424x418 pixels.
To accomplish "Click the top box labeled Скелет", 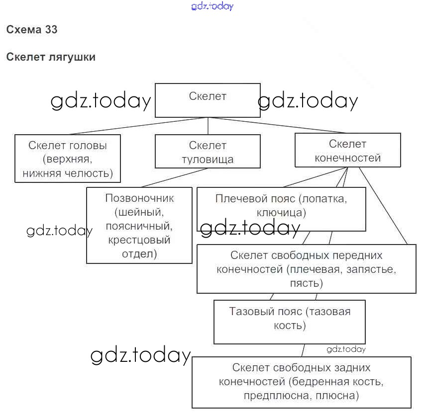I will pos(208,100).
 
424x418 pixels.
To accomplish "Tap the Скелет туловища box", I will pos(208,152).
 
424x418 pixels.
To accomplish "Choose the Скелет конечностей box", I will pos(347,150).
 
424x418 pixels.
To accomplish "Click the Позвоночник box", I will pos(139,225).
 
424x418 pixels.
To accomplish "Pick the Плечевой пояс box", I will pos(281,209).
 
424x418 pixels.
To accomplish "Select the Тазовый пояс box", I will pos(290,322).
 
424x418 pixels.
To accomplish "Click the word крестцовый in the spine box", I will pos(139,240).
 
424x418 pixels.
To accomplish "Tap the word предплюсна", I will pos(270,396).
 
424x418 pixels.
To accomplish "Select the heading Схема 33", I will pos(32,29).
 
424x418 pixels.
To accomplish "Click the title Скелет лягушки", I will pos(51,57).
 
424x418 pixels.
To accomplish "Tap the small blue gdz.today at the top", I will pos(212,6).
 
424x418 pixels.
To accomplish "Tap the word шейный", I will pos(139,212).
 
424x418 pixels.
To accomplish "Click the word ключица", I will pos(281,213).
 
